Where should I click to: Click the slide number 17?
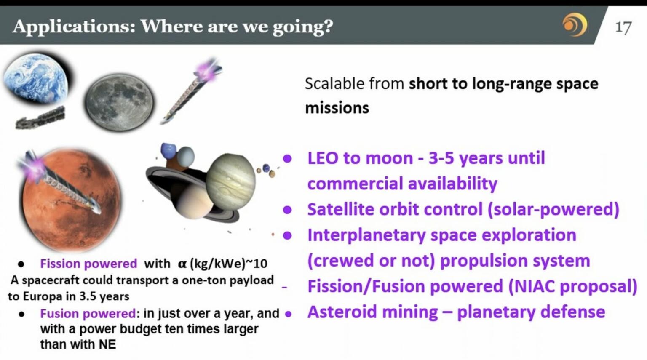623,27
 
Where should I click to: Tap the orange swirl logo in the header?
575,24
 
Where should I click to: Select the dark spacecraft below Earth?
40,118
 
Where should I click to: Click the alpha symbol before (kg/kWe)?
182,264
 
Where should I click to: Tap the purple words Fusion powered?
88,314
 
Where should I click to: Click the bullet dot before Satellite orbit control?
287,210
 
